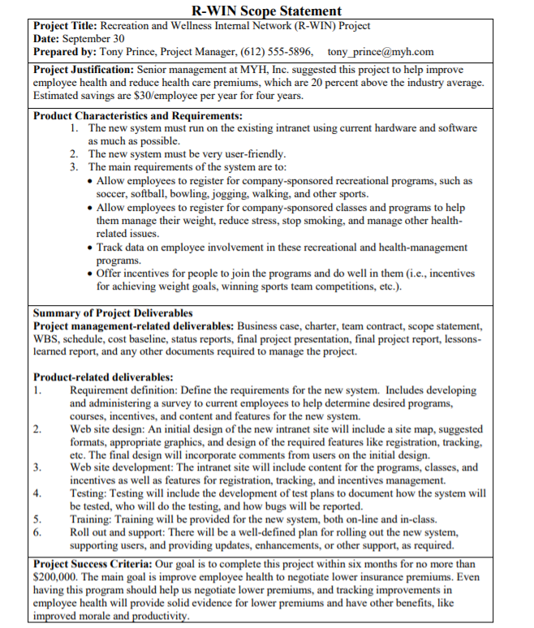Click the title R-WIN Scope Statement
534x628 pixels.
[x=266, y=11]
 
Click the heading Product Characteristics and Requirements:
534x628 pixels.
[x=138, y=115]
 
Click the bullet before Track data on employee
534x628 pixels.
[x=90, y=247]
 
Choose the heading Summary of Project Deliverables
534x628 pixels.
[x=113, y=312]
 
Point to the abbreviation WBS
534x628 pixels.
[x=47, y=338]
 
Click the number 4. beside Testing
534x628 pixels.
[x=38, y=493]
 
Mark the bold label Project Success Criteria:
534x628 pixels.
[x=93, y=564]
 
